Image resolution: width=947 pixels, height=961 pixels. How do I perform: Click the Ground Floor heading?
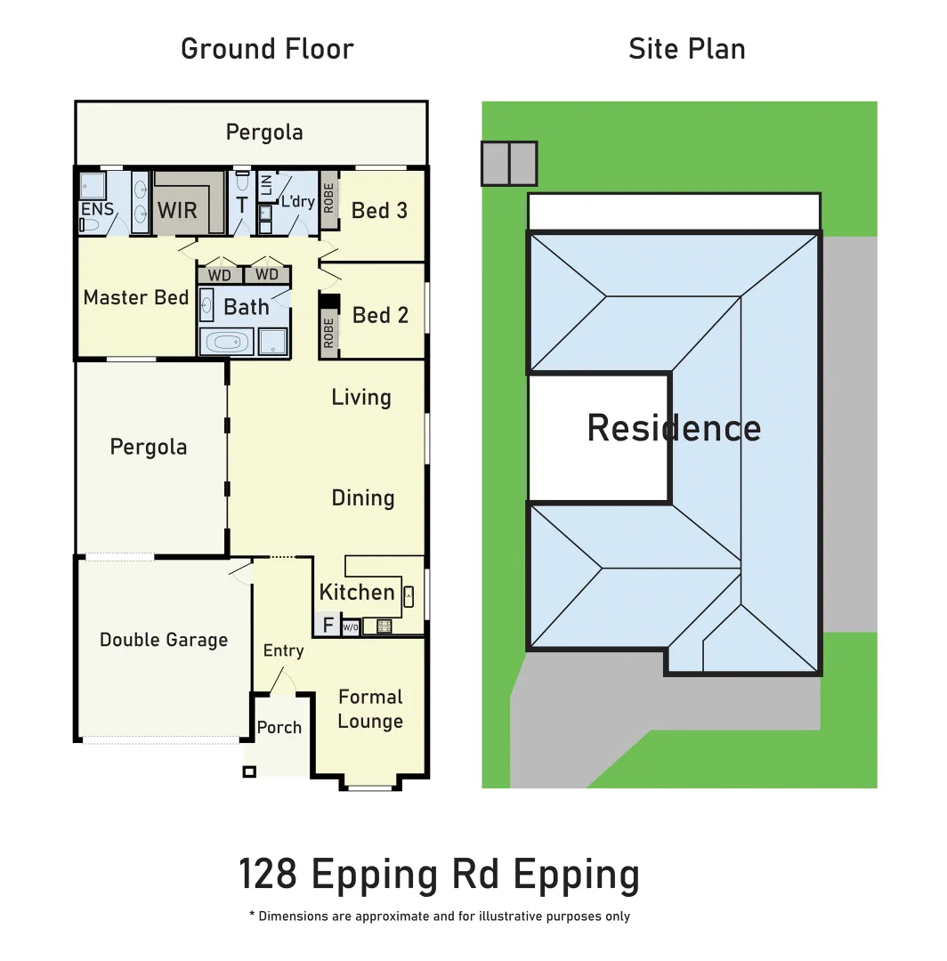click(267, 48)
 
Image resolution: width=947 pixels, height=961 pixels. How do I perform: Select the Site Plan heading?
click(686, 48)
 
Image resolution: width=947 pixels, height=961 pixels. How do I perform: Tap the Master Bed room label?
click(135, 297)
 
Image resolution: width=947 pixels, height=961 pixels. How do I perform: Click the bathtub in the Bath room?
click(226, 342)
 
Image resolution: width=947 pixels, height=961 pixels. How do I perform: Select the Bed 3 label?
click(379, 211)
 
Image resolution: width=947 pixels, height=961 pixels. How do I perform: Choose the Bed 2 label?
click(380, 315)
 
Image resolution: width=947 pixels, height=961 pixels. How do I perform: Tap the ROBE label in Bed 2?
click(328, 333)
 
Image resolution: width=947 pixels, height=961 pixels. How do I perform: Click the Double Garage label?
click(164, 640)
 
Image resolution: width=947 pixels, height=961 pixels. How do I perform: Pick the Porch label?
click(279, 728)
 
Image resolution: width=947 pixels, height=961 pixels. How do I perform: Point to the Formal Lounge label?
click(370, 709)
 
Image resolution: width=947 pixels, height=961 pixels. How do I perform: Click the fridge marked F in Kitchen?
click(328, 626)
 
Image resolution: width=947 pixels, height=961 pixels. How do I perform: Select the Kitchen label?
click(357, 592)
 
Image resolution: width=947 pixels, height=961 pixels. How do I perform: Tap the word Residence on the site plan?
click(674, 428)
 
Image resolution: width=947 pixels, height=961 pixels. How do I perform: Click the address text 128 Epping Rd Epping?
click(439, 875)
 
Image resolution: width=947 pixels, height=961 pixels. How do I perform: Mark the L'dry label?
click(297, 202)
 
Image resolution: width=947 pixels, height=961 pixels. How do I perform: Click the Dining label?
click(362, 498)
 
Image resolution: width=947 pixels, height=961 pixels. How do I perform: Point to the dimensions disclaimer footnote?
click(439, 917)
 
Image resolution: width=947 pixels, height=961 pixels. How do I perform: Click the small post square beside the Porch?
click(249, 771)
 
